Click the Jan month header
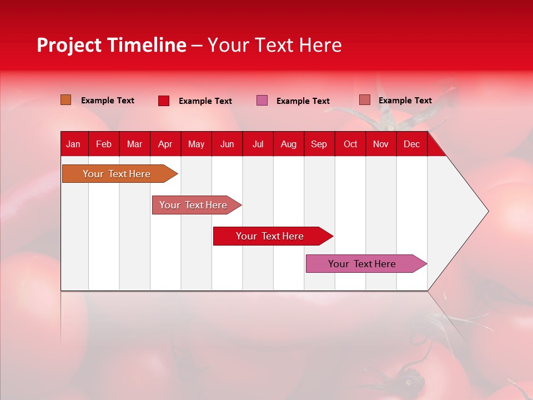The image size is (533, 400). (x=73, y=144)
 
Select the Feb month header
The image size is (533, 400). (x=104, y=144)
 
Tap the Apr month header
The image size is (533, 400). (x=165, y=144)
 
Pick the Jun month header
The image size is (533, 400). (x=227, y=144)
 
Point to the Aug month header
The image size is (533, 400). (x=288, y=144)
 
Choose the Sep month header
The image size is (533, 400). (x=319, y=144)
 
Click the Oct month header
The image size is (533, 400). (x=350, y=144)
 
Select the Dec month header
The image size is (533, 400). (x=411, y=144)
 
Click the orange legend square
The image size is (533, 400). (x=66, y=100)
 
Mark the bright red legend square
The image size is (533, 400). (x=164, y=101)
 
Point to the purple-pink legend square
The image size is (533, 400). (x=262, y=101)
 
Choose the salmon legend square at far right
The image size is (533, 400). (x=364, y=100)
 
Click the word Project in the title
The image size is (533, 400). (x=69, y=45)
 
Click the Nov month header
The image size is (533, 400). (x=381, y=144)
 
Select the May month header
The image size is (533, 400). (x=196, y=144)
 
